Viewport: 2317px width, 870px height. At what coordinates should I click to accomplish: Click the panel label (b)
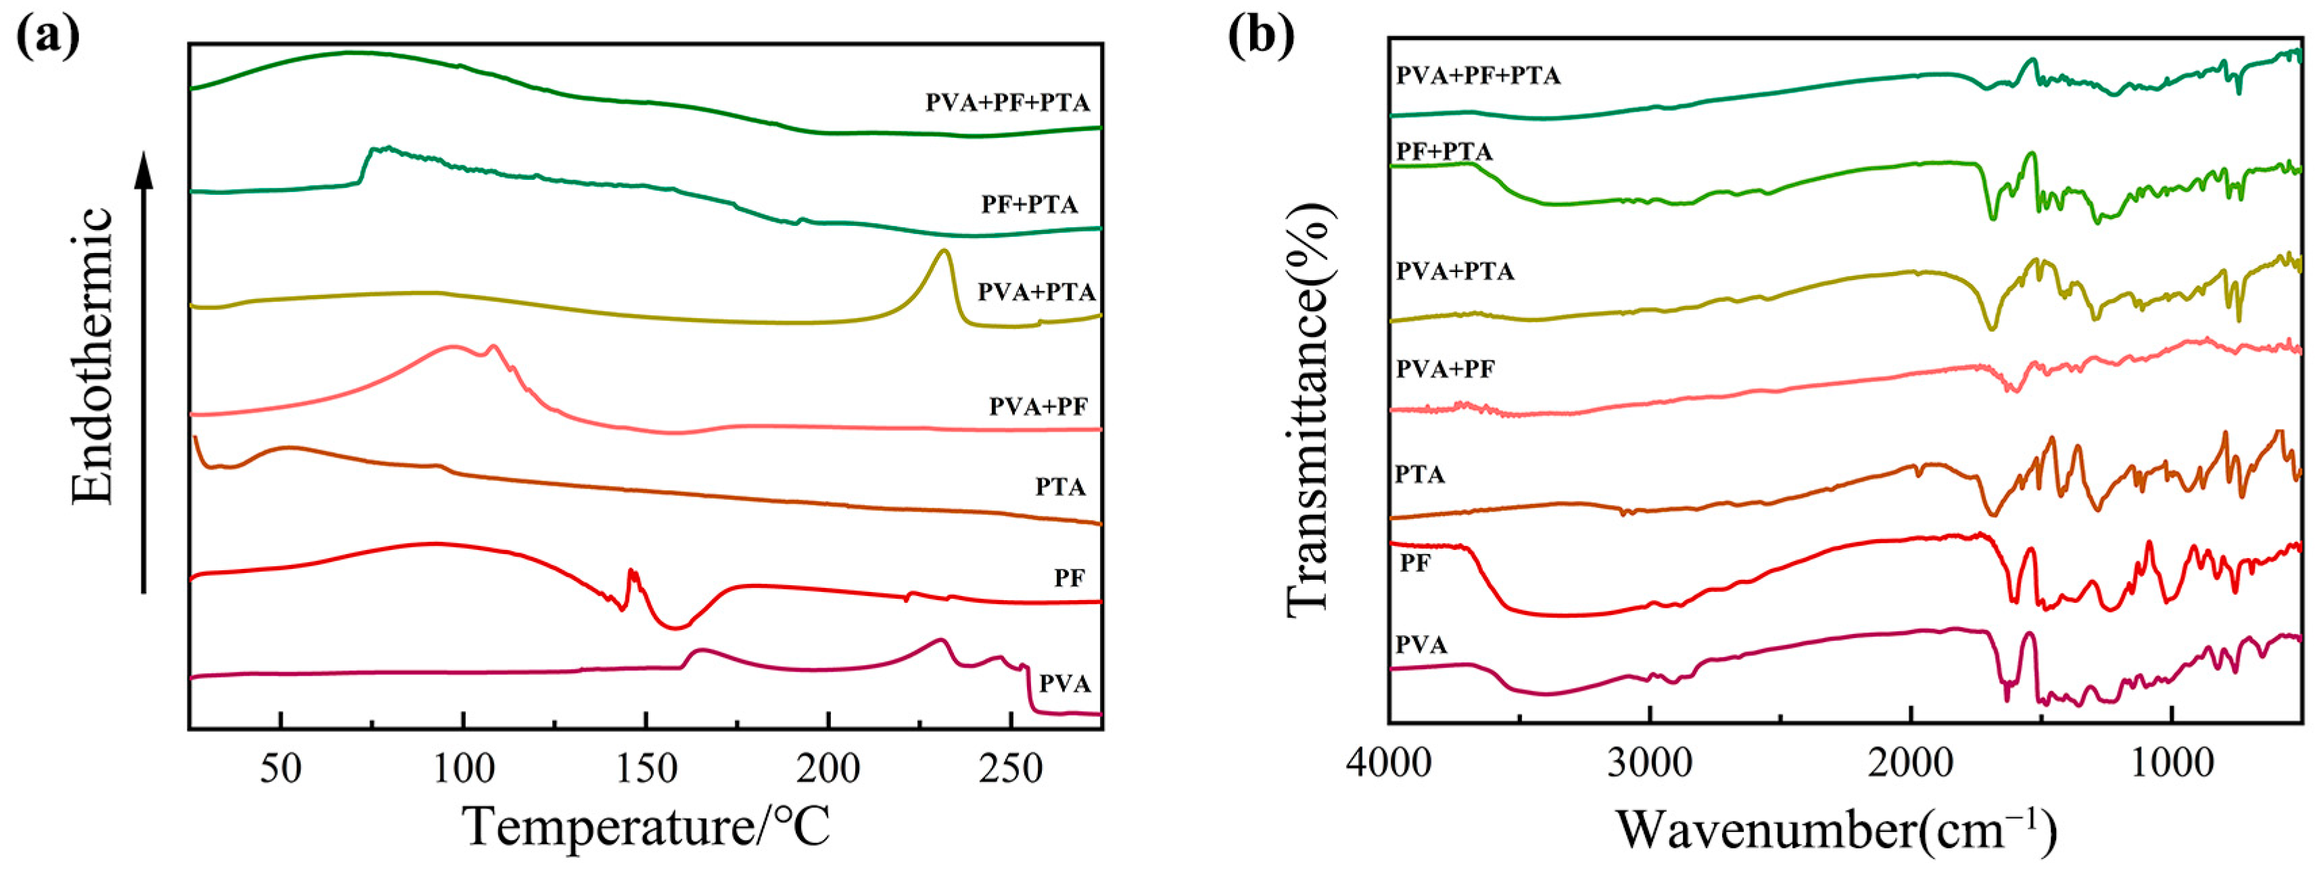[1262, 36]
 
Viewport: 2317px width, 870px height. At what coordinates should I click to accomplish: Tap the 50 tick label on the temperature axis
[281, 769]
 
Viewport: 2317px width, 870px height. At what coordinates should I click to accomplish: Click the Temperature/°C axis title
[646, 827]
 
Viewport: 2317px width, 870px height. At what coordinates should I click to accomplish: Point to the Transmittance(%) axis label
[1310, 409]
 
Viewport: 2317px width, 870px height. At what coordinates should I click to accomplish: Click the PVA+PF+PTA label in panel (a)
[1007, 103]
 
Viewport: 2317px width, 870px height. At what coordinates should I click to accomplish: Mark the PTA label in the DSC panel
[1059, 486]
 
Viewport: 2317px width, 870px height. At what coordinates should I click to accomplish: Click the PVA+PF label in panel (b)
[1445, 369]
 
